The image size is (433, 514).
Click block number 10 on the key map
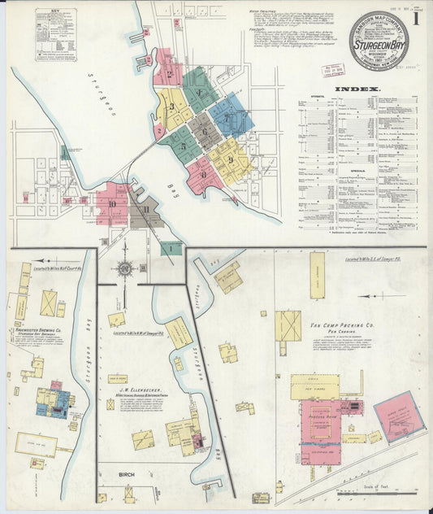coord(112,204)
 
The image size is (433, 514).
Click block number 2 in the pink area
coord(170,74)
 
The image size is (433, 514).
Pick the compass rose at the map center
coord(125,268)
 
